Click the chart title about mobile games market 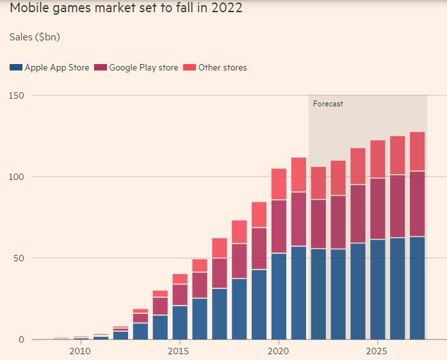126,10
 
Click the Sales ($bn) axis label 35,37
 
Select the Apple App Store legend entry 49,67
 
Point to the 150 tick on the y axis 15,95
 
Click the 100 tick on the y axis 15,177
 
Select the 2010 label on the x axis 80,351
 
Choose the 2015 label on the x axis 179,351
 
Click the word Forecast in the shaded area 328,104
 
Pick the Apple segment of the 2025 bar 378,289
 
